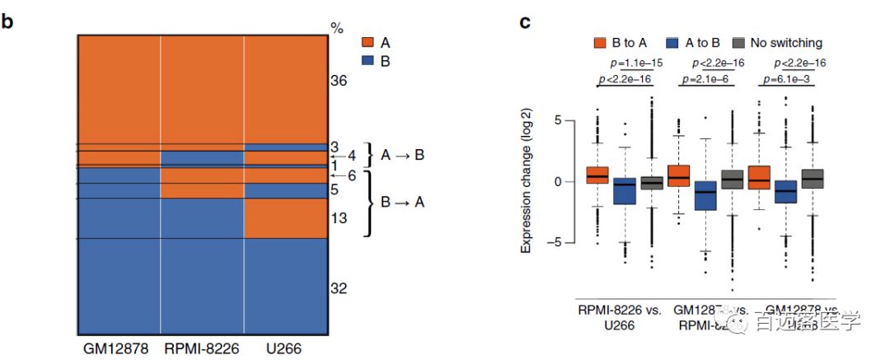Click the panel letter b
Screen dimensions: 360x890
[7, 21]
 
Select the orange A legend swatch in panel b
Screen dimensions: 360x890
[368, 43]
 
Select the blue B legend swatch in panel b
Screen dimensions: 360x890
[368, 61]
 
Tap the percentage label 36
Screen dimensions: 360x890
[339, 81]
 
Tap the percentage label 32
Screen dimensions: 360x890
[339, 288]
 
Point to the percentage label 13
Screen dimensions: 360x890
[339, 219]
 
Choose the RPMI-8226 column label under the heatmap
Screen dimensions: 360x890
[201, 349]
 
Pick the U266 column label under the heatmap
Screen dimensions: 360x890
[284, 349]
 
